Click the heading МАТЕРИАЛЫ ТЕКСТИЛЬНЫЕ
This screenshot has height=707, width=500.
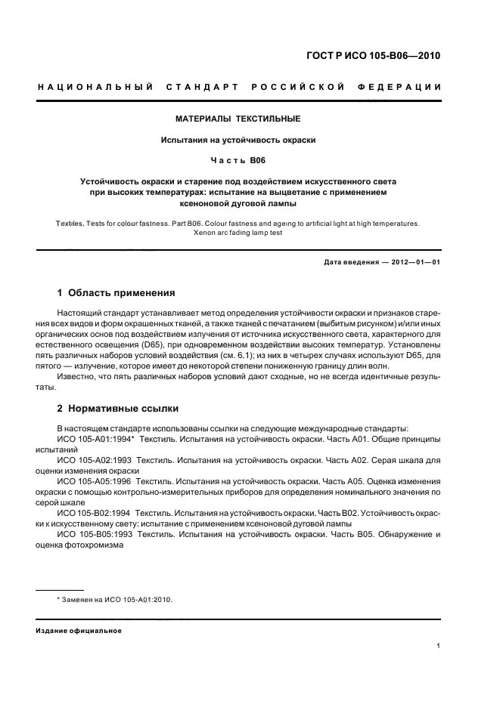[x=238, y=119]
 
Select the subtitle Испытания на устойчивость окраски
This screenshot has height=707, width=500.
[x=238, y=140]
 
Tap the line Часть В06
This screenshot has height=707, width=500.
[x=238, y=161]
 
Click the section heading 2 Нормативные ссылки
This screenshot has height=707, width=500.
[x=118, y=408]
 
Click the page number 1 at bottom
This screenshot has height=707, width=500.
[x=438, y=646]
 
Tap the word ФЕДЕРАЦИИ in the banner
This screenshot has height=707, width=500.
[x=404, y=87]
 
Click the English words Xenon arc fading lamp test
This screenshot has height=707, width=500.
[x=238, y=233]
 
